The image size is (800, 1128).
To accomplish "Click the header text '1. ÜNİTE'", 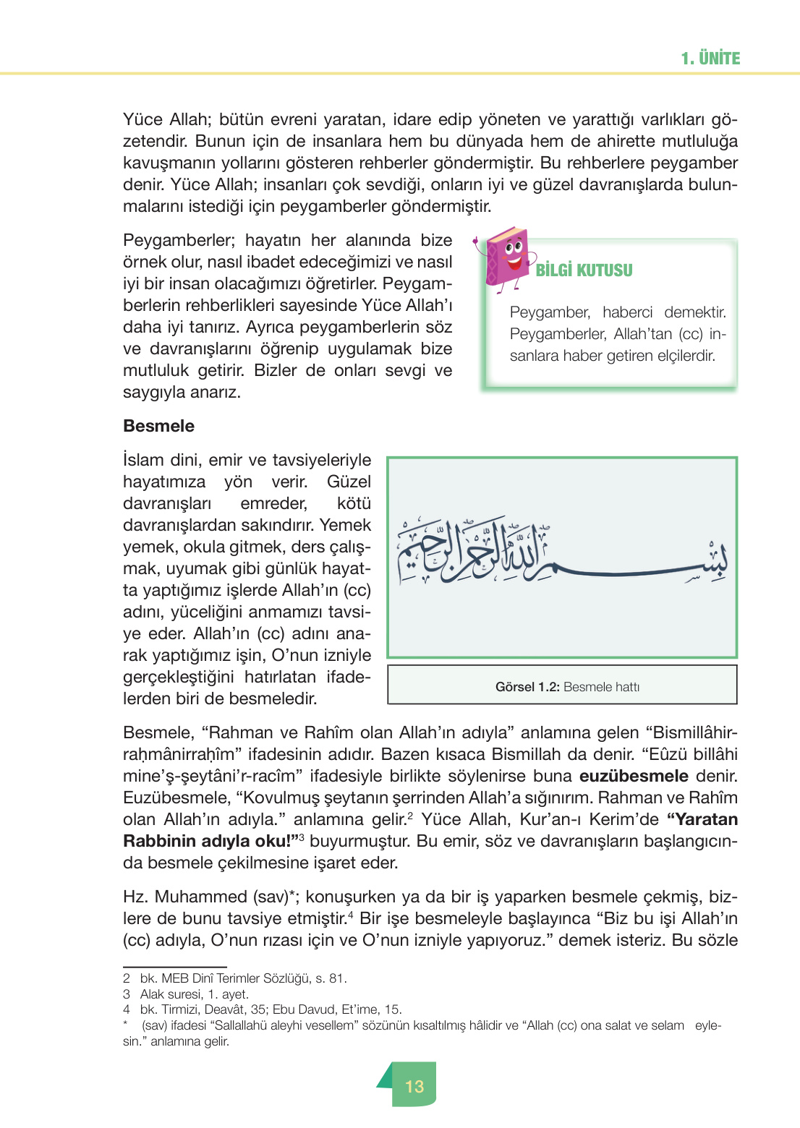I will click(710, 59).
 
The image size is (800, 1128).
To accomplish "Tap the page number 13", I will click(414, 1086).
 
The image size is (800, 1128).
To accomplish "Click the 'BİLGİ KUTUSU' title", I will click(584, 270).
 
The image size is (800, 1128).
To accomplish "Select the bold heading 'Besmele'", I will click(158, 426).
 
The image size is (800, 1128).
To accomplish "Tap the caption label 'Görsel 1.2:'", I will click(527, 687).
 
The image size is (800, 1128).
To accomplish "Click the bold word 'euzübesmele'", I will click(634, 777).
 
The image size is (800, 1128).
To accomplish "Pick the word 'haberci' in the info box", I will click(627, 312).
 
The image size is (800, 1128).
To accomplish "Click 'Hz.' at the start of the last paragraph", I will click(135, 897).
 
